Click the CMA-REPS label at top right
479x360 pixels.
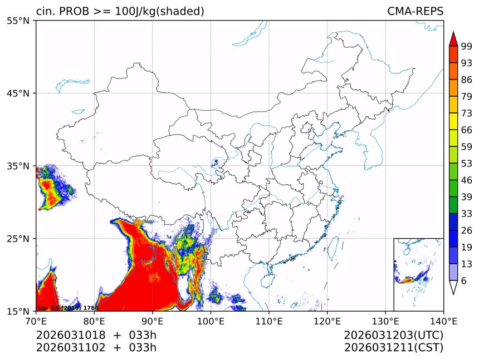click(415, 11)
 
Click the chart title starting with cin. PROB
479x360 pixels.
click(120, 11)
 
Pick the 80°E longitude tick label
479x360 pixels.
click(94, 321)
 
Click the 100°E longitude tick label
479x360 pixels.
click(211, 321)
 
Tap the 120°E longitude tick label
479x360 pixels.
click(327, 321)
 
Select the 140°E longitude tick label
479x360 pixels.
click(443, 321)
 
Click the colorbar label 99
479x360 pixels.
click(467, 46)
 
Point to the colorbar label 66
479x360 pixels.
click(467, 130)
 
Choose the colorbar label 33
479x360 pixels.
click(467, 214)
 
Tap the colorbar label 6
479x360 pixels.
click(465, 281)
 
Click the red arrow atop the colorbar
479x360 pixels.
click(453, 39)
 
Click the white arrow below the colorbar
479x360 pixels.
click(453, 288)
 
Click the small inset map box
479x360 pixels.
click(418, 274)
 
